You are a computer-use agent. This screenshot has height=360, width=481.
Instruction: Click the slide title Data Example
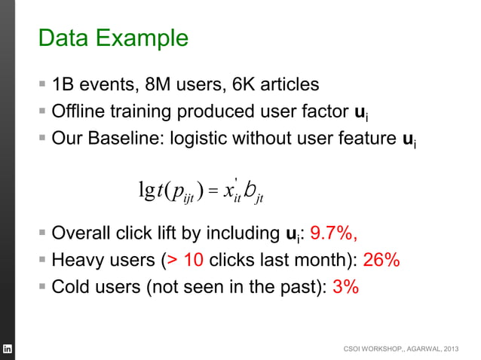113,37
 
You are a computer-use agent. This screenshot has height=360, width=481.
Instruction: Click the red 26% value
381,261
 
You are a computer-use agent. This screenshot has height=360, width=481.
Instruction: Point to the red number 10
195,261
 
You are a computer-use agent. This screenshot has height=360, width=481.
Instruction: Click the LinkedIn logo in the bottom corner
8,350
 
